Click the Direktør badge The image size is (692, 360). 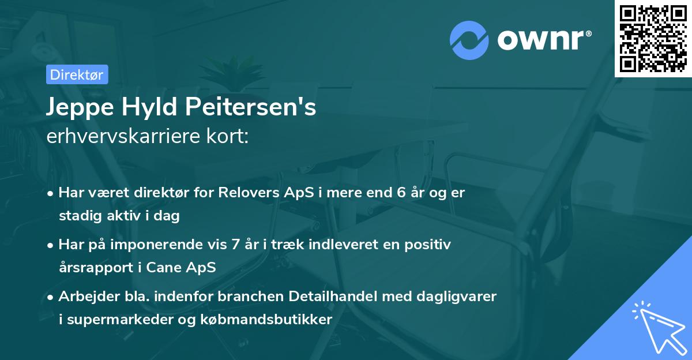pos(77,74)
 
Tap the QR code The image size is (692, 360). pos(653,38)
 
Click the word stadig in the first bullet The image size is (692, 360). pos(77,216)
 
